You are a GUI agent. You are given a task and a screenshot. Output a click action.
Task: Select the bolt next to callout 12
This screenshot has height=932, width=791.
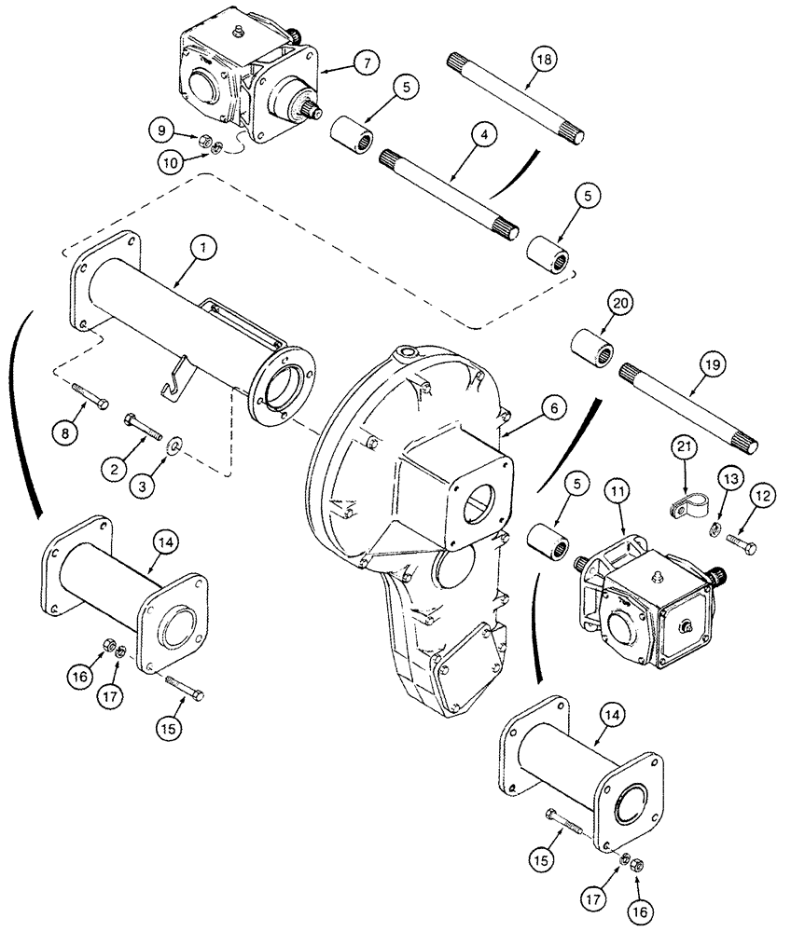[741, 543]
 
